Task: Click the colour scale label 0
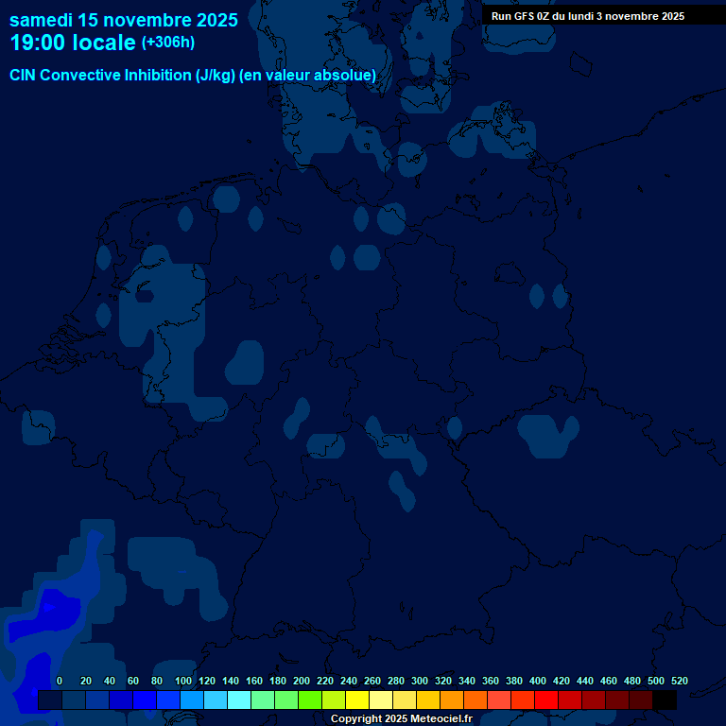pos(60,681)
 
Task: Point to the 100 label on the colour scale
pos(183,681)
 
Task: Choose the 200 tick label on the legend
pos(302,681)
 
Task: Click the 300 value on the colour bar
pos(420,681)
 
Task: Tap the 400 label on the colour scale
pos(538,681)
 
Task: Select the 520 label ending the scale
pos(679,681)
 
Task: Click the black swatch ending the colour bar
pos(665,700)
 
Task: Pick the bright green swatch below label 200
pos(310,700)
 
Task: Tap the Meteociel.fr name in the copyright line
pos(441,719)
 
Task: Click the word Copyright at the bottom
pos(355,719)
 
